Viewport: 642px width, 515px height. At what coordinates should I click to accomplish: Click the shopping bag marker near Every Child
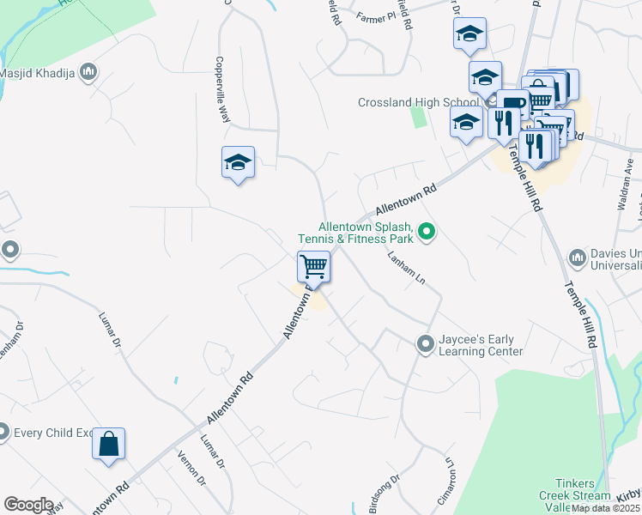click(109, 445)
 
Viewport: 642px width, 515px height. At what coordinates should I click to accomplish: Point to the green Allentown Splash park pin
click(427, 231)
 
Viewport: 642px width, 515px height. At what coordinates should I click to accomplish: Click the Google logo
click(28, 505)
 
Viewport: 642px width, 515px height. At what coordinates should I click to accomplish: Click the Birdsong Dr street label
click(384, 494)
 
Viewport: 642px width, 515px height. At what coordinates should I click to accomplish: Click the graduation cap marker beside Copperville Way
click(239, 163)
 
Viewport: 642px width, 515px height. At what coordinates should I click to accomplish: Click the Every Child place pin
click(3, 432)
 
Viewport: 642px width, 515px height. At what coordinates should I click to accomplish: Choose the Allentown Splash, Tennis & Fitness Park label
click(355, 231)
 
